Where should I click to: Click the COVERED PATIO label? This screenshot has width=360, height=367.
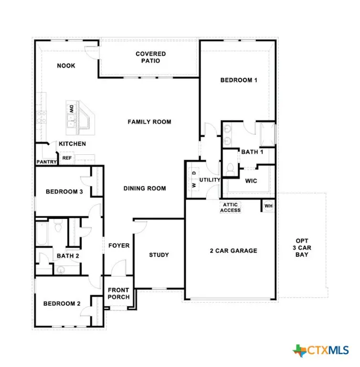pyautogui.click(x=150, y=57)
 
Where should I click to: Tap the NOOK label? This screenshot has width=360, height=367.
pyautogui.click(x=66, y=65)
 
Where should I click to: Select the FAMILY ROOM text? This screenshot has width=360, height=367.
pyautogui.click(x=149, y=122)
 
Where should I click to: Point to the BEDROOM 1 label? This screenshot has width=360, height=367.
pyautogui.click(x=239, y=80)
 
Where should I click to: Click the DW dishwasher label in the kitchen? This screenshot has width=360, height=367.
pyautogui.click(x=71, y=108)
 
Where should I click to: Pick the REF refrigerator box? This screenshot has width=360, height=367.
pyautogui.click(x=66, y=157)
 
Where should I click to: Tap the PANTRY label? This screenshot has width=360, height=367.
pyautogui.click(x=46, y=162)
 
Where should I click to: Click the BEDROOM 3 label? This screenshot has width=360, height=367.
pyautogui.click(x=64, y=192)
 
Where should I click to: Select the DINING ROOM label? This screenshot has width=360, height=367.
pyautogui.click(x=145, y=188)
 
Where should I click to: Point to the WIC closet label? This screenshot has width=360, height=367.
pyautogui.click(x=252, y=181)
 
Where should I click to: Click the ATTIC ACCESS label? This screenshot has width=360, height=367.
pyautogui.click(x=230, y=207)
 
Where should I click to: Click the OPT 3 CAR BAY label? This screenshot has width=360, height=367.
pyautogui.click(x=302, y=248)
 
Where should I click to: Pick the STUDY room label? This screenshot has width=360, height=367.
pyautogui.click(x=159, y=255)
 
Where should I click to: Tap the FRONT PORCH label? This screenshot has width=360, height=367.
pyautogui.click(x=118, y=293)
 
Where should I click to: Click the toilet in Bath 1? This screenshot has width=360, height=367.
pyautogui.click(x=231, y=169)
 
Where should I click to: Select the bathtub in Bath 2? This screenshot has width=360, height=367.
pyautogui.click(x=42, y=234)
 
